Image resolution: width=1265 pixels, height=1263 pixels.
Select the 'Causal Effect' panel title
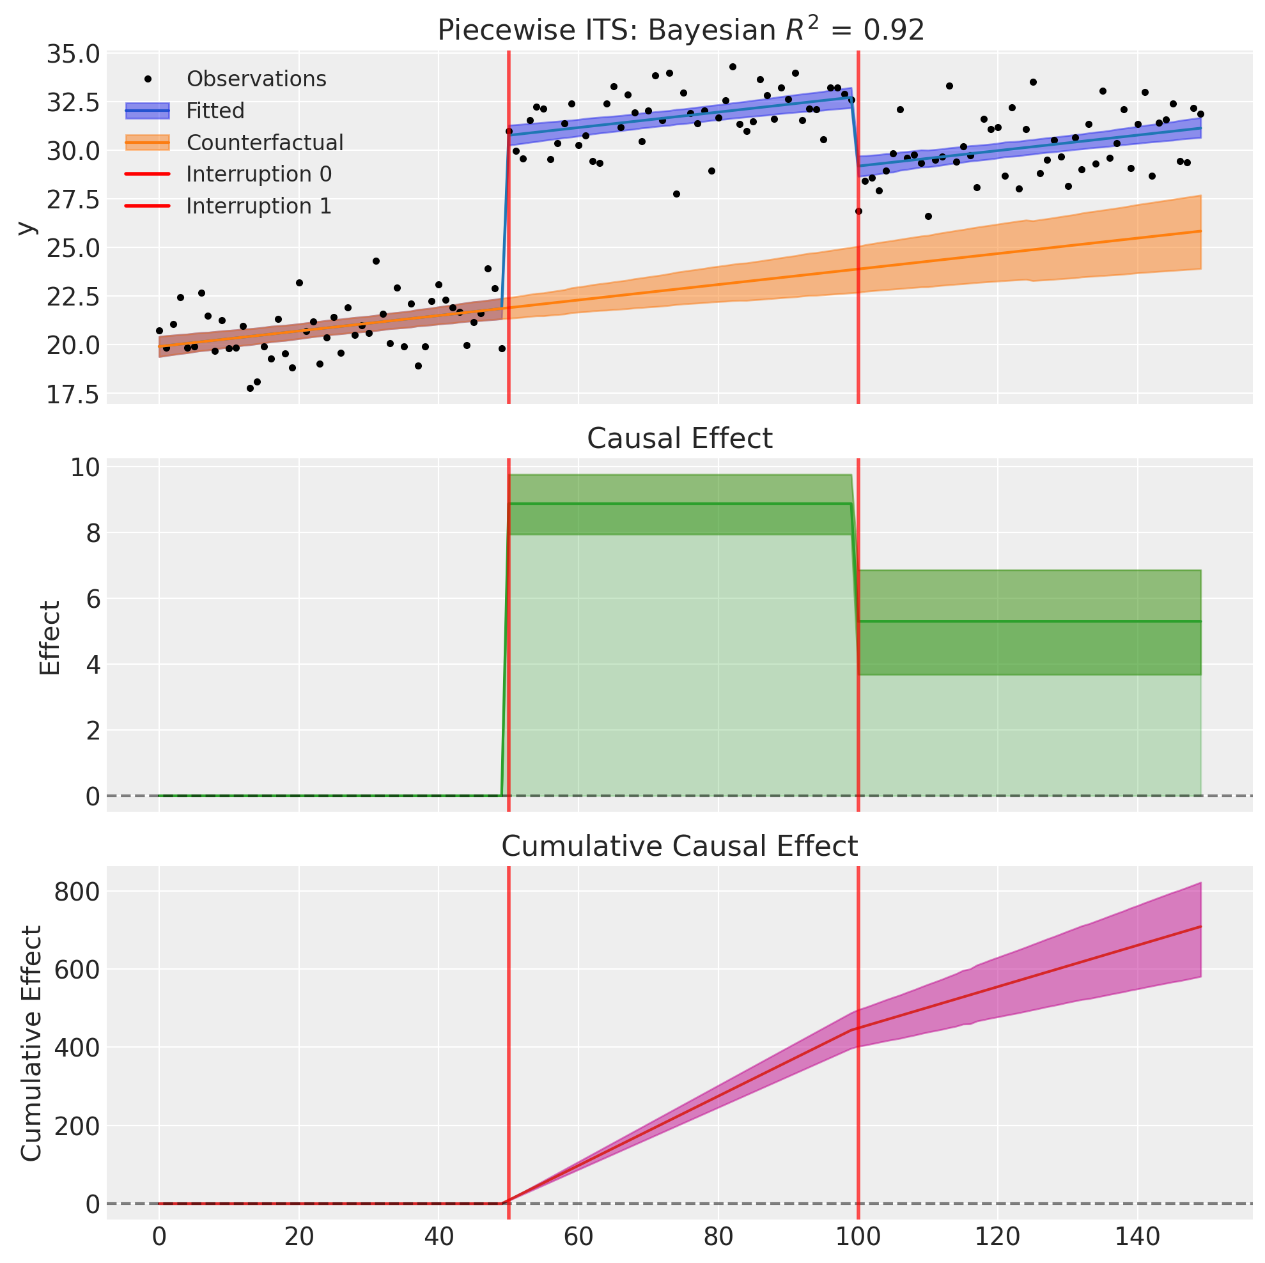[679, 438]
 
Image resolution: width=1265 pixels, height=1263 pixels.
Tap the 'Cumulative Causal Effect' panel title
[679, 847]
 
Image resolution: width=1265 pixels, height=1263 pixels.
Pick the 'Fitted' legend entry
[215, 111]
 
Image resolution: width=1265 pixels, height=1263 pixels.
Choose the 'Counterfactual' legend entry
[265, 143]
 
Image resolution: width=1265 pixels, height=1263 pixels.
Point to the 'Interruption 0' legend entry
[259, 174]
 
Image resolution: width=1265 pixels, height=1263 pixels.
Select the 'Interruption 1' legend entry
[259, 206]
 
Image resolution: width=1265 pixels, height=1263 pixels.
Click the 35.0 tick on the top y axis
[73, 54]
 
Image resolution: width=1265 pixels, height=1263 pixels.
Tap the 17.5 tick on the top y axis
[73, 395]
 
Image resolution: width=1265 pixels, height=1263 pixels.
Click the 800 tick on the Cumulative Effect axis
[77, 892]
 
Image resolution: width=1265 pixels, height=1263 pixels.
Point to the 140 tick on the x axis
[1137, 1237]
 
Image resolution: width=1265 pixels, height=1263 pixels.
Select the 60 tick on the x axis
[578, 1237]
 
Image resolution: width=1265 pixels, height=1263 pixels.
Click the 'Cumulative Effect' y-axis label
[31, 1044]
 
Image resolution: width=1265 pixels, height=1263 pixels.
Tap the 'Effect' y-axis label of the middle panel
[49, 638]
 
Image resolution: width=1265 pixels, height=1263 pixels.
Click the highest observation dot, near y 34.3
[732, 66]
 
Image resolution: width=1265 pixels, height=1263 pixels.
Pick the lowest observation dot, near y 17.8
[249, 388]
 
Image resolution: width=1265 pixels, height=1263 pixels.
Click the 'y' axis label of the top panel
[26, 228]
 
